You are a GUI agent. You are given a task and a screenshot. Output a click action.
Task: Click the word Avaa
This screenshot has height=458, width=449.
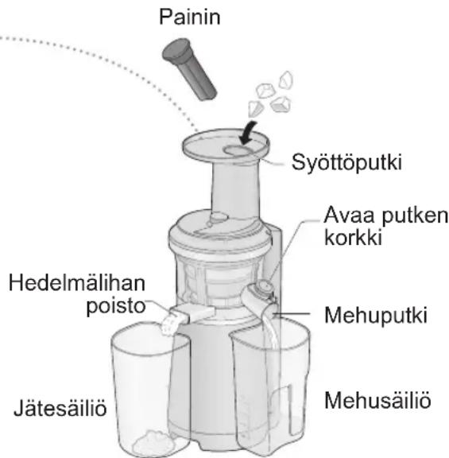[343, 215]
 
